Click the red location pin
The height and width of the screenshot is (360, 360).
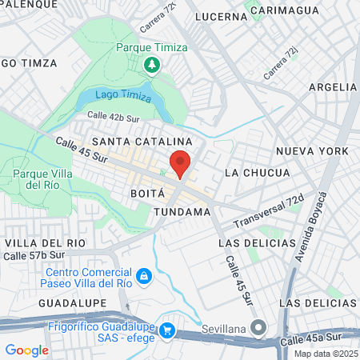click(x=180, y=162)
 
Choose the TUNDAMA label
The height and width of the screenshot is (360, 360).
click(x=181, y=212)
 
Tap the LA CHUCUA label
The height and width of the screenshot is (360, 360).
click(x=254, y=173)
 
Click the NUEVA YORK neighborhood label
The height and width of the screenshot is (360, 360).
click(x=312, y=150)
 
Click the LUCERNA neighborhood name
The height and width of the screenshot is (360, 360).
click(x=221, y=16)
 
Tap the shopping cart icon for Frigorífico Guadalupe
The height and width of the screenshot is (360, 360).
click(x=167, y=329)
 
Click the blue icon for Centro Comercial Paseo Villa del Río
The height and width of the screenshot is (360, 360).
click(x=143, y=277)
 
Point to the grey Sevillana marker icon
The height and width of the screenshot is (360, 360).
click(x=258, y=327)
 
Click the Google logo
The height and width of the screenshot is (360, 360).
click(x=26, y=350)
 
